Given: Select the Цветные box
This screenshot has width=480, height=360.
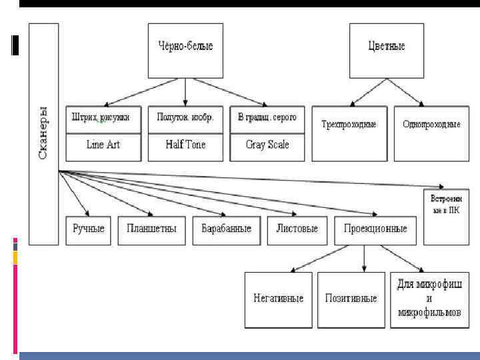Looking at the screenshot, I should [x=387, y=47].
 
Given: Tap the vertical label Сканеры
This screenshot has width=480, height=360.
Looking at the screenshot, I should [x=43, y=133].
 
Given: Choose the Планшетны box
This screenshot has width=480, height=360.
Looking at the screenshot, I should [x=151, y=229].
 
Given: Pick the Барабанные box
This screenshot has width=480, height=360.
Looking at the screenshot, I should [x=227, y=229].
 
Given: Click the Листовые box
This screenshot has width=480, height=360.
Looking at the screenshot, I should [x=297, y=229].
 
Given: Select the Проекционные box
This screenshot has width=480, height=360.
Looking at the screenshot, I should [x=375, y=229].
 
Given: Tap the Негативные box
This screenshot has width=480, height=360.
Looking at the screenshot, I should [x=278, y=299].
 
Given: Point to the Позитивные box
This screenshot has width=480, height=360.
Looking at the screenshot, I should [x=352, y=299].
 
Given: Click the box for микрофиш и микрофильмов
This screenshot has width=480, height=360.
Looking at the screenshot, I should [x=429, y=299].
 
